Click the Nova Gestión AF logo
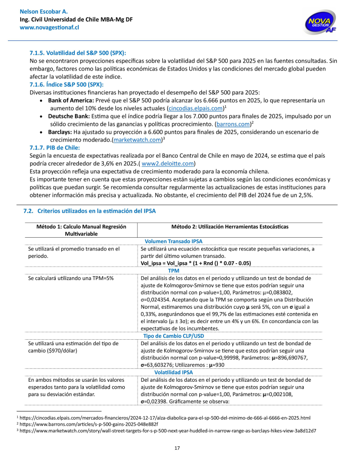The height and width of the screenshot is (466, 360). pyautogui.click(x=321, y=22)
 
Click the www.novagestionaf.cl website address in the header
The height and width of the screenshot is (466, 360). pyautogui.click(x=49, y=28)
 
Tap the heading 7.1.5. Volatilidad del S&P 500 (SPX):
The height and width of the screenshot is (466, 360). pyautogui.click(x=78, y=52)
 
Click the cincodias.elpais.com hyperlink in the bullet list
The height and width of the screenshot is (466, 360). pyautogui.click(x=196, y=108)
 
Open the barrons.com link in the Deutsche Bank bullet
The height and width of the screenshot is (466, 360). pyautogui.click(x=234, y=123)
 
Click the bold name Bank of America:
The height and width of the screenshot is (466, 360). pyautogui.click(x=68, y=100)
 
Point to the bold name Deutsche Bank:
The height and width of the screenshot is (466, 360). pyautogui.click(x=66, y=116)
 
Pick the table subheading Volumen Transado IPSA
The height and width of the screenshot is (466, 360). pyautogui.click(x=174, y=241)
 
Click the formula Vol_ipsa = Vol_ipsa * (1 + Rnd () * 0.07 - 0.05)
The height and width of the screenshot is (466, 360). pyautogui.click(x=196, y=263)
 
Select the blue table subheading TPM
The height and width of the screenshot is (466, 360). pyautogui.click(x=174, y=271)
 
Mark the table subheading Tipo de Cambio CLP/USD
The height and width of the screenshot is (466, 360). pyautogui.click(x=174, y=336)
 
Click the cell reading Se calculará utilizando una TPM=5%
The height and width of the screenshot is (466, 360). pyautogui.click(x=71, y=278)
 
